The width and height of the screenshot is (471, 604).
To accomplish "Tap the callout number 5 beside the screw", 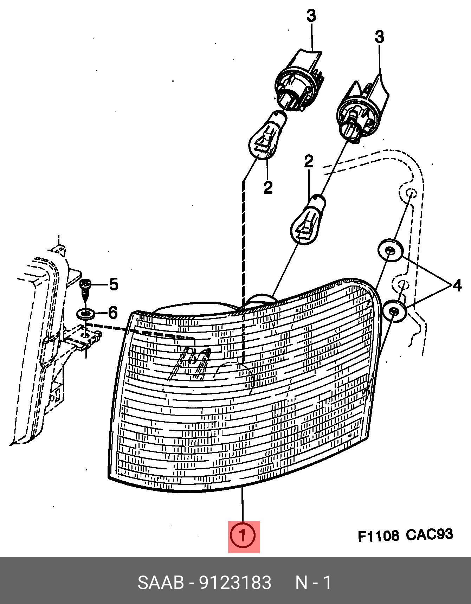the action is [x=113, y=284].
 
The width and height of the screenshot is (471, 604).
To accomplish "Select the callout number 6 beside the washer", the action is [x=112, y=312].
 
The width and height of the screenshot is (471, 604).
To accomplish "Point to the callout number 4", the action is [x=457, y=285].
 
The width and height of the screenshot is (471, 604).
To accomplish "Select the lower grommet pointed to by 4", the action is [x=394, y=310].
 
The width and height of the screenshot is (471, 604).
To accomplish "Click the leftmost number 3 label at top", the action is [x=311, y=16].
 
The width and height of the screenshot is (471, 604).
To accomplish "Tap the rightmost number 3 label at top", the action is [x=379, y=37].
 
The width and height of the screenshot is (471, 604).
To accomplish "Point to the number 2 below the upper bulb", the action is [x=268, y=188].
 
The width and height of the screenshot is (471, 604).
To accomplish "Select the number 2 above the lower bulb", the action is [x=308, y=162].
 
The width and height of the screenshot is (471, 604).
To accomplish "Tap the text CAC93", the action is [x=429, y=535].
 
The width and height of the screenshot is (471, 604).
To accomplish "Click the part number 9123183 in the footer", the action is [x=235, y=583].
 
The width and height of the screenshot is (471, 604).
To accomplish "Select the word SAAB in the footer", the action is [x=161, y=583].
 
